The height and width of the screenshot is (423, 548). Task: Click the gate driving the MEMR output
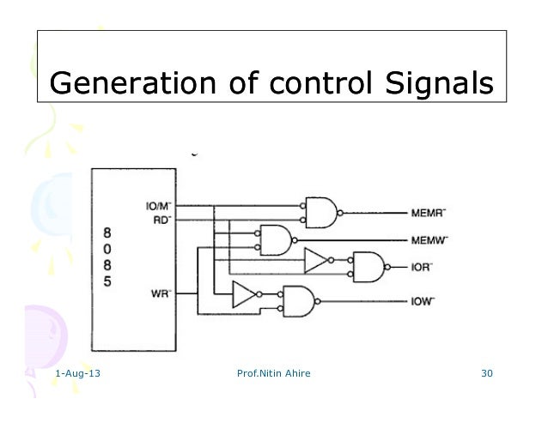pyautogui.click(x=320, y=211)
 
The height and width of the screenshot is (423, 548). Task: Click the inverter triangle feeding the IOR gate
pyautogui.click(x=316, y=260)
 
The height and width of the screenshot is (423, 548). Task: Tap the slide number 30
pyautogui.click(x=487, y=375)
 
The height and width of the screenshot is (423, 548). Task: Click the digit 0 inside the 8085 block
pyautogui.click(x=107, y=249)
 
